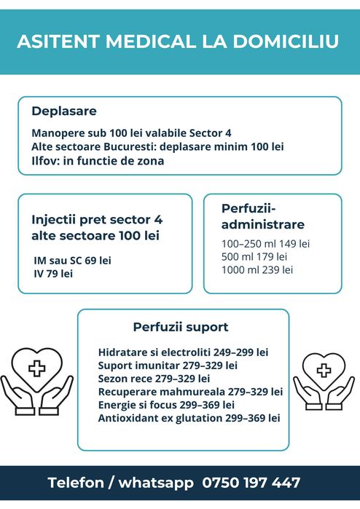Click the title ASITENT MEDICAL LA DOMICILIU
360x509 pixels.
point(178,42)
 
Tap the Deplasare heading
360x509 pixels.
point(64,111)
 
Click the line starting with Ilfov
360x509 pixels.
point(98,161)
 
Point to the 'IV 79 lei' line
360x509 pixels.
point(53,274)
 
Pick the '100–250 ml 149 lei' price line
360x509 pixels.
point(265,243)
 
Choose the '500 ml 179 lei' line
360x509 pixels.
point(254,256)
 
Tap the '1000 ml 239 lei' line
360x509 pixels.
point(257,269)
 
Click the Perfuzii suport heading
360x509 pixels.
point(181,327)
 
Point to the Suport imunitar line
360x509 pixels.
point(168,364)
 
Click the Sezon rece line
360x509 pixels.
point(154,378)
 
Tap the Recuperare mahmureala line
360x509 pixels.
point(190,391)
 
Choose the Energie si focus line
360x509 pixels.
point(166,404)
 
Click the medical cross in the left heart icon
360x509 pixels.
point(36,368)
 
